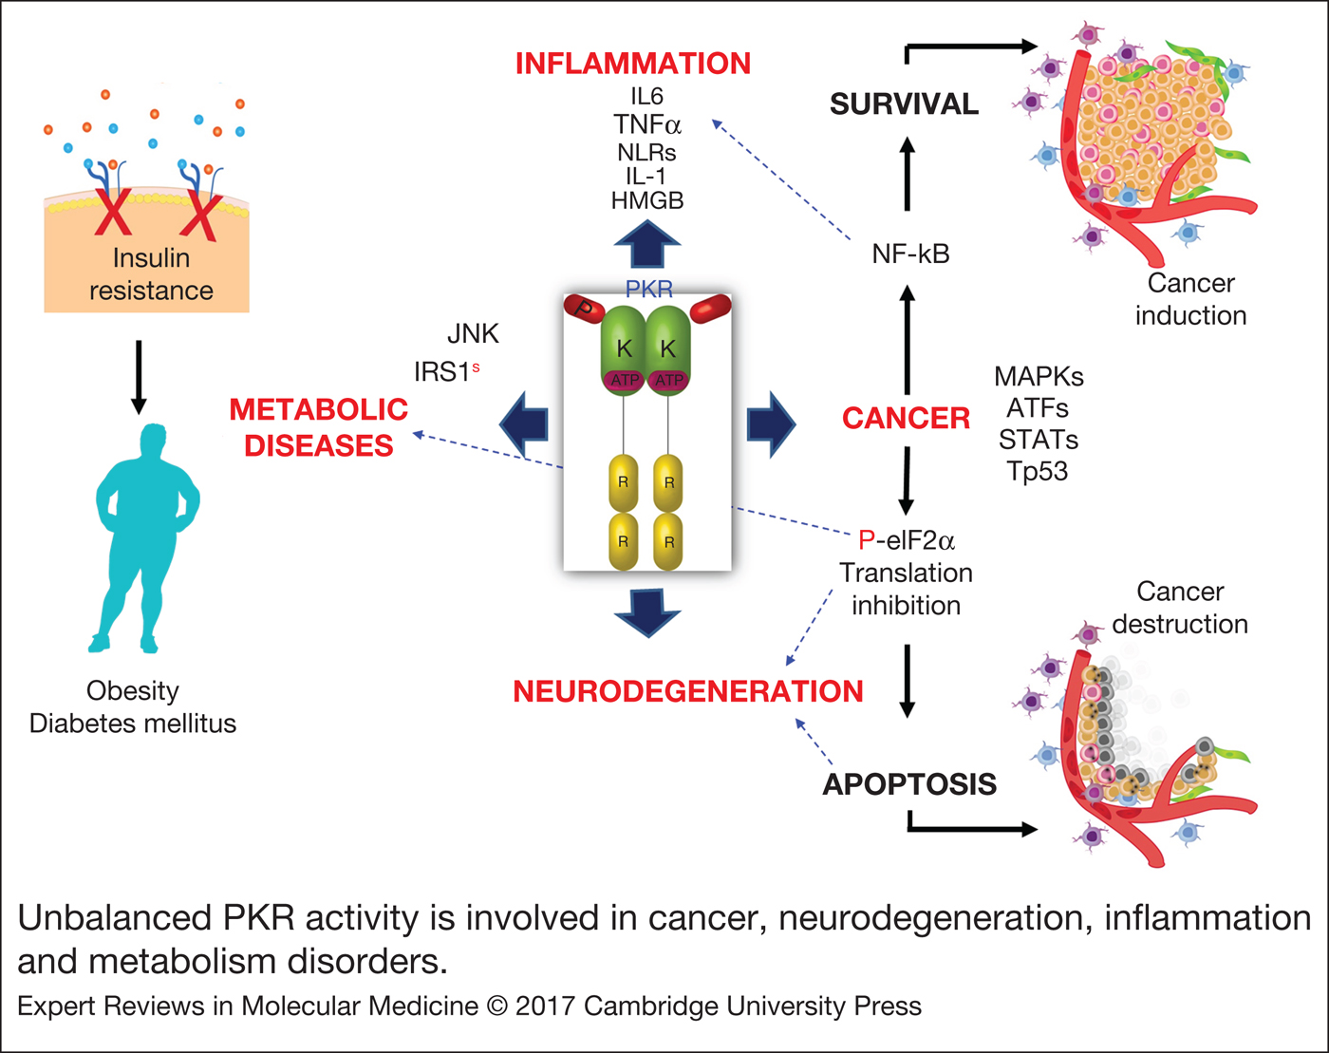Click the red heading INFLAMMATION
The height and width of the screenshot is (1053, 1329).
click(632, 64)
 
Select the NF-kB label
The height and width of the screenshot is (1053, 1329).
click(910, 254)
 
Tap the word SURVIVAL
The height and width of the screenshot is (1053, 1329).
click(904, 103)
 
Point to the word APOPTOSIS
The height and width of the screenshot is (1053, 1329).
click(909, 784)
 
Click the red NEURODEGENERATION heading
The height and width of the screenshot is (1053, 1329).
click(687, 691)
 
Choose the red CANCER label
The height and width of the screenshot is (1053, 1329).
click(906, 418)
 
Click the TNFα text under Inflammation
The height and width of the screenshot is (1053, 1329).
click(646, 124)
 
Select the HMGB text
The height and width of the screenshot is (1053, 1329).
click(646, 200)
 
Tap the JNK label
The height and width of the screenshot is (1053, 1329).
click(473, 333)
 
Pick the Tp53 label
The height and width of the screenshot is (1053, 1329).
click(1038, 471)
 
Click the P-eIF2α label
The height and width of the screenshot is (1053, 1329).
click(906, 540)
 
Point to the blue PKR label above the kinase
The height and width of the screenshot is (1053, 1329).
click(648, 289)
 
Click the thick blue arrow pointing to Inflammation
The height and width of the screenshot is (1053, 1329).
click(647, 244)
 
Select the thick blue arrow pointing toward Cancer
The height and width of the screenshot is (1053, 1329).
click(770, 423)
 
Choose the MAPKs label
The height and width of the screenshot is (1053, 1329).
click(1039, 376)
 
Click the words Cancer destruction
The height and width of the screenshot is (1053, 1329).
click(1179, 608)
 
